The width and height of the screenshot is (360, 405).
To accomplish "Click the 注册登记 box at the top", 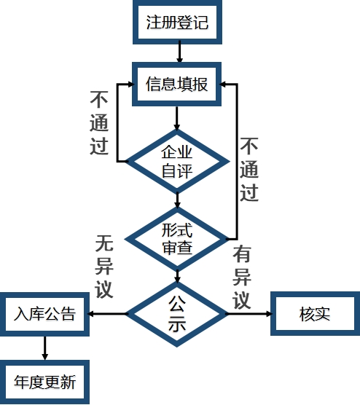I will [x=177, y=22].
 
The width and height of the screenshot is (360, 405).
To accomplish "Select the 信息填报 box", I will [x=177, y=84].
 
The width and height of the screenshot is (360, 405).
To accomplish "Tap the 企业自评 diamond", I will [x=177, y=161].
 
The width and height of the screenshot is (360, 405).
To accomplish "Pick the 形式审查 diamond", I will [x=177, y=238].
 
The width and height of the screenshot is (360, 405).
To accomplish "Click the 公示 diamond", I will [x=177, y=314].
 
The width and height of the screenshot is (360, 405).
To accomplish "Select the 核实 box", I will [x=315, y=315].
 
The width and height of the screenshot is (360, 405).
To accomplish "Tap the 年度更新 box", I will [x=44, y=382].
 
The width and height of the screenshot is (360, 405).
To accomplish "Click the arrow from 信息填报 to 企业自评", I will [x=177, y=118].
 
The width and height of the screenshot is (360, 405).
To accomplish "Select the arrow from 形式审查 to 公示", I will [x=177, y=275].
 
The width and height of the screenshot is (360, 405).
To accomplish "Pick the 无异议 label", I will [x=104, y=266].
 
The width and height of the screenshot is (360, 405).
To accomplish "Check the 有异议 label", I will [x=242, y=277].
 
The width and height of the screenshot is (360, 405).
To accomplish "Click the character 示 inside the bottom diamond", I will [x=177, y=325].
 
